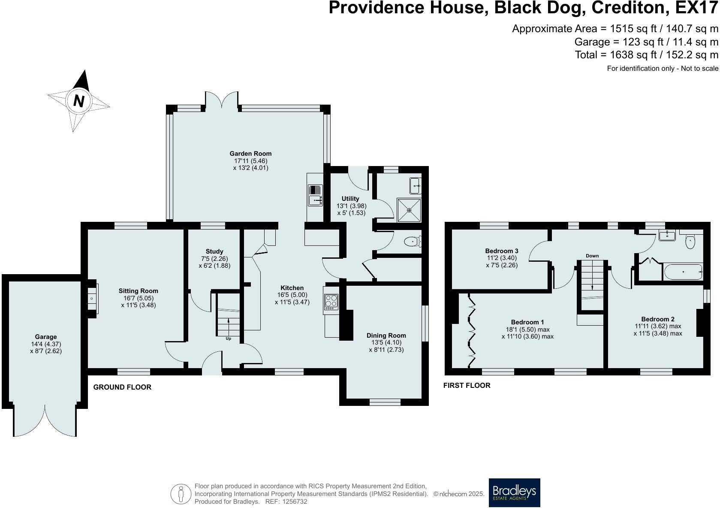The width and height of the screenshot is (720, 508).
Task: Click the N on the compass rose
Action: (x=79, y=101)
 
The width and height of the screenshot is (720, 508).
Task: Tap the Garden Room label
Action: (x=250, y=154)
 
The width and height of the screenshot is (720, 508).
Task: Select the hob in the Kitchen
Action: (x=331, y=302)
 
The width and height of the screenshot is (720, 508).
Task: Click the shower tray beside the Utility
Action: (x=409, y=210)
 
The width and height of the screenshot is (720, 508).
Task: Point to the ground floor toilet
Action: (x=413, y=242)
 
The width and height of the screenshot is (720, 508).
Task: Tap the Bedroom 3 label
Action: (x=502, y=251)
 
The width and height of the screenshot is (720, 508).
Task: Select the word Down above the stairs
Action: (x=592, y=256)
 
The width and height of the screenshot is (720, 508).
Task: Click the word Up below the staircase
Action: (x=228, y=339)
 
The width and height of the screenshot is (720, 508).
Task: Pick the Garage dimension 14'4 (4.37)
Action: (x=46, y=344)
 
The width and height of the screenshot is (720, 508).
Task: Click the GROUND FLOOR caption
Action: (x=122, y=387)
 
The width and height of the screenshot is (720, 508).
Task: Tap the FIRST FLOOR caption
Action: (x=467, y=385)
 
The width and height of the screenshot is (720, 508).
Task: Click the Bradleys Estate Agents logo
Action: (x=514, y=493)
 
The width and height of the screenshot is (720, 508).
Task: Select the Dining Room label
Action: (x=386, y=336)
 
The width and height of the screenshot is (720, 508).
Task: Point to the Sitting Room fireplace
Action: (x=92, y=299)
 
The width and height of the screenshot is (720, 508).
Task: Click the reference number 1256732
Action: (x=295, y=502)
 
